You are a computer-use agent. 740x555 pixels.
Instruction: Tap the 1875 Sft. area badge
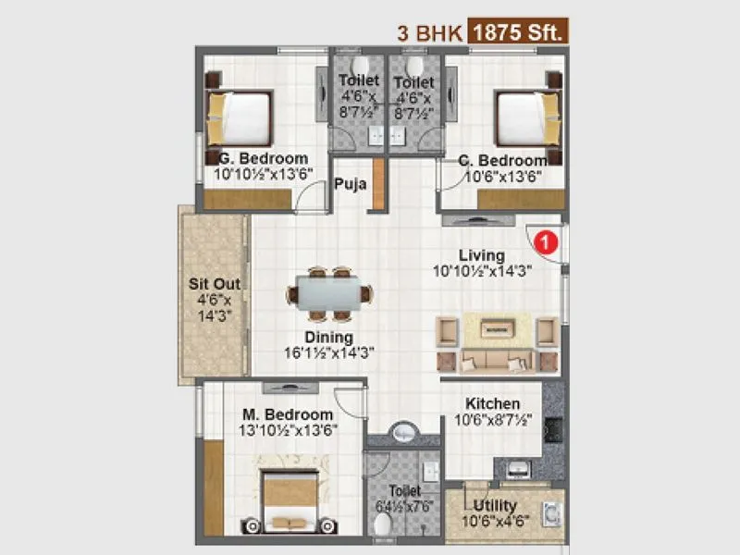pyautogui.click(x=518, y=31)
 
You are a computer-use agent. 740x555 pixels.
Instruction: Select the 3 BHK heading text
pyautogui.click(x=428, y=32)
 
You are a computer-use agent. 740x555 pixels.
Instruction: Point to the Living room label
pyautogui.click(x=482, y=255)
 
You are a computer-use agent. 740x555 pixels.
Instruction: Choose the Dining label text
pyautogui.click(x=329, y=337)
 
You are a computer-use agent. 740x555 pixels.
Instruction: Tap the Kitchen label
pyautogui.click(x=492, y=404)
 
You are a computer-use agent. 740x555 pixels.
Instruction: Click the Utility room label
pyautogui.click(x=495, y=506)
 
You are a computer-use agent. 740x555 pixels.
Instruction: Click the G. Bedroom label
pyautogui.click(x=261, y=158)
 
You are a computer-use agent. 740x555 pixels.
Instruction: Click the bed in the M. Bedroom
pyautogui.click(x=290, y=499)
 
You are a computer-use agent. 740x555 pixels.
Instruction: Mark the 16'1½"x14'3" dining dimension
pyautogui.click(x=329, y=352)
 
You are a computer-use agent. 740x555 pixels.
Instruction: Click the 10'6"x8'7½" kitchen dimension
pyautogui.click(x=492, y=420)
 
